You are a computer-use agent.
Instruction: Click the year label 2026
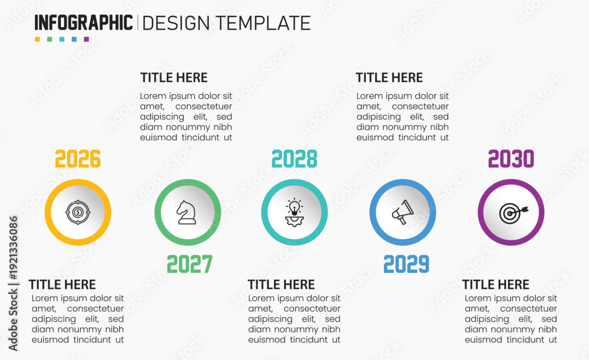click(x=78, y=158)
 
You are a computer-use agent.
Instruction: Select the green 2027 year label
click(x=190, y=264)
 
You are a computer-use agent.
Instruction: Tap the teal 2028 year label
click(x=294, y=158)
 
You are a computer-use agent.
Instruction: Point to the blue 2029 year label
click(x=406, y=264)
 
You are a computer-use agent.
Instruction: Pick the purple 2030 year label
click(x=511, y=158)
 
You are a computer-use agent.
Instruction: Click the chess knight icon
click(x=186, y=212)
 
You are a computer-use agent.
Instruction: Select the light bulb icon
click(x=294, y=212)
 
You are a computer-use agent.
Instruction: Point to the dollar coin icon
click(x=78, y=212)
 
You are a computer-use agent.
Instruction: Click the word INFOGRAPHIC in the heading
click(x=84, y=23)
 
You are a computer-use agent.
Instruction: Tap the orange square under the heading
click(x=37, y=39)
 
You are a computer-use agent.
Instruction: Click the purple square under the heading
click(x=87, y=39)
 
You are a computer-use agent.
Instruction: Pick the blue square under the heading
click(x=74, y=39)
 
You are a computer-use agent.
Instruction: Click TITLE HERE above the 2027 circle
click(x=174, y=77)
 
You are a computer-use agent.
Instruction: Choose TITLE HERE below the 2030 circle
click(x=495, y=285)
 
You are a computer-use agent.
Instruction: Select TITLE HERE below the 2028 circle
click(x=282, y=285)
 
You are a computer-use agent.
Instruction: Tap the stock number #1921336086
click(x=14, y=248)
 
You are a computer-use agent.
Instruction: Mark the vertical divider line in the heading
click(x=137, y=22)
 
